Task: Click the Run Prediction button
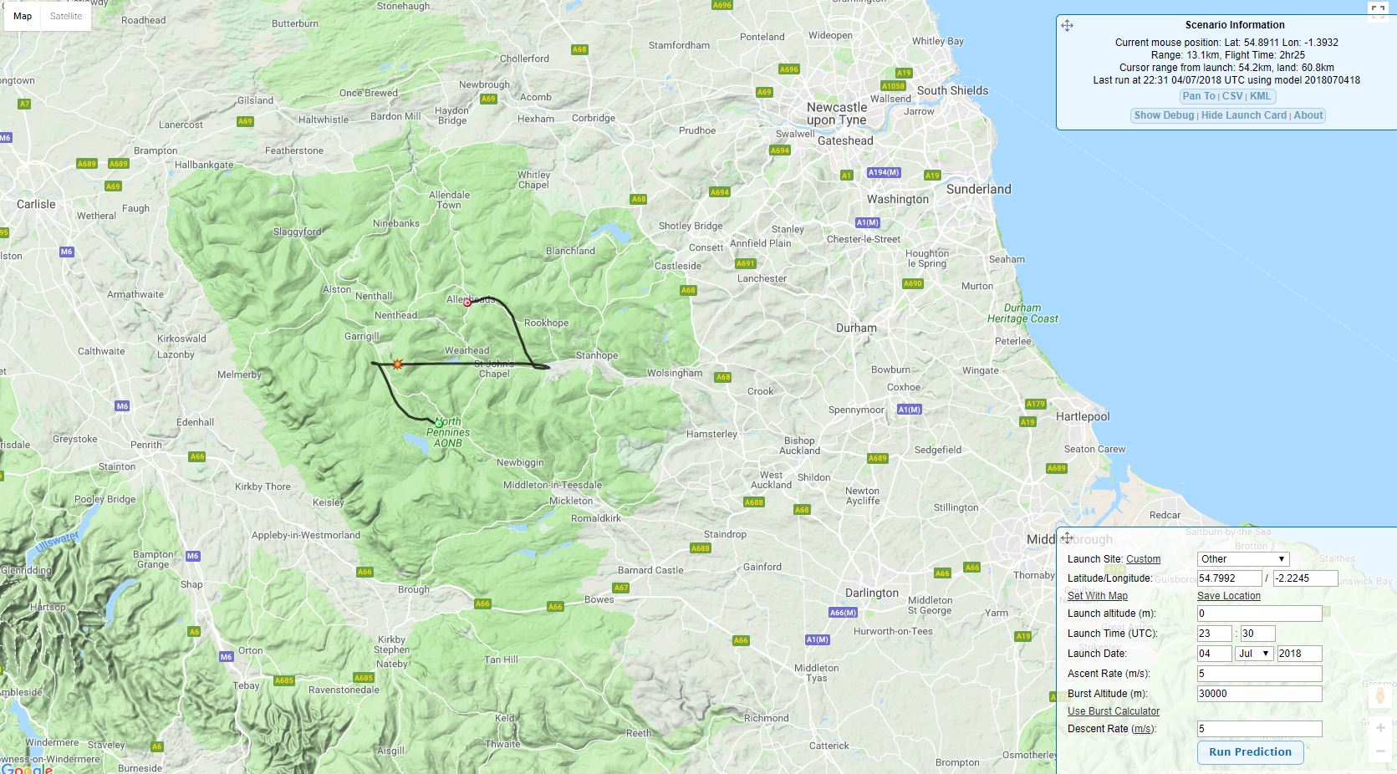coord(1250,751)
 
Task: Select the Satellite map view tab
coord(66,16)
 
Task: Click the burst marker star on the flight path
coord(397,364)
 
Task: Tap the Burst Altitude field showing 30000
coord(1258,694)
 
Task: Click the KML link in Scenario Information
coord(1260,96)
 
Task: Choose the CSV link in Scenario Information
coord(1231,96)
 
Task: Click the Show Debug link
coord(1164,115)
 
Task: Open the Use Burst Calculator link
coord(1113,711)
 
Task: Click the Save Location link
coord(1228,596)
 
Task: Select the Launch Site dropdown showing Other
coord(1242,559)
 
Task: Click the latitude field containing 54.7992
coord(1228,578)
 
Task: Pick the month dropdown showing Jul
coord(1253,654)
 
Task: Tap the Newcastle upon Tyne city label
coord(836,114)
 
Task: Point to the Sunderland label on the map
coord(978,190)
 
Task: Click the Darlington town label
coord(871,593)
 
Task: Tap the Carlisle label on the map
coord(36,204)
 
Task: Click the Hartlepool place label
coord(1083,416)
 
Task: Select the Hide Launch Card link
coord(1243,115)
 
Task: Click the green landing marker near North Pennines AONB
coord(438,424)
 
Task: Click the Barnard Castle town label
coord(650,570)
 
